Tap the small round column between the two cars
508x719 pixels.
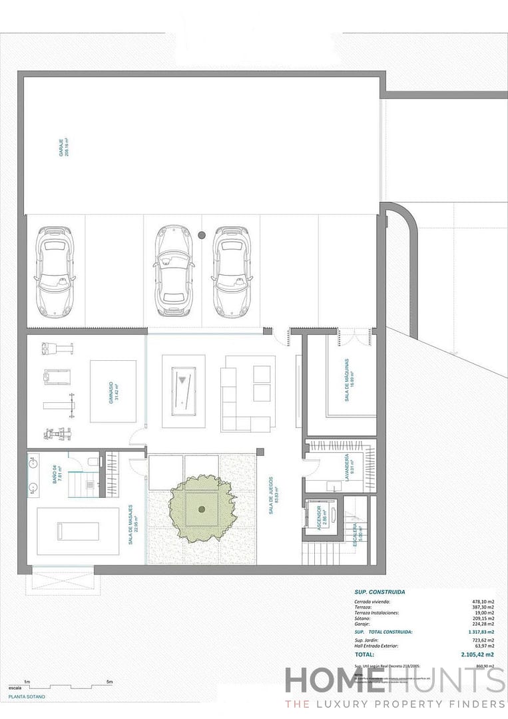click(x=202, y=234)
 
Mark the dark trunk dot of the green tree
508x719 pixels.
click(x=202, y=509)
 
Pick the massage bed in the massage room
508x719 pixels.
click(x=77, y=531)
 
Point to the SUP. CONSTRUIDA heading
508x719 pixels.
click(x=380, y=591)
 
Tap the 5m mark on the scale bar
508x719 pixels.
click(x=110, y=682)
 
